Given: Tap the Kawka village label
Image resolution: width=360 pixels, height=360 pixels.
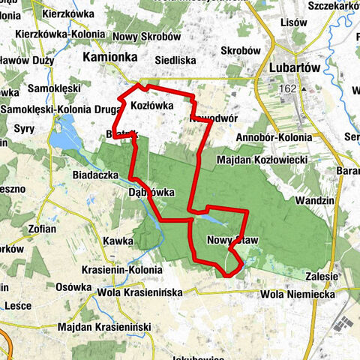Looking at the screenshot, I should (x=119, y=241).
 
